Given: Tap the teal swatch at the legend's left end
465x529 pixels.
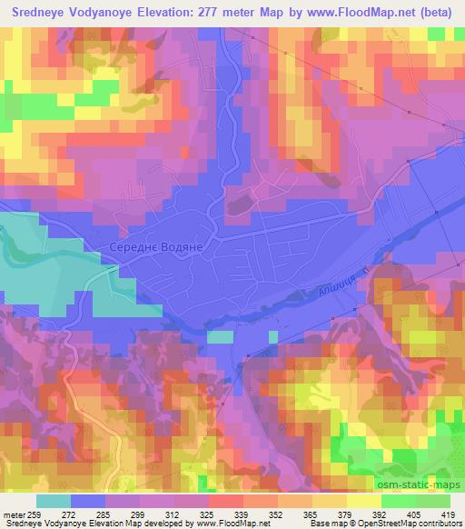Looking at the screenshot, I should tap(53, 500).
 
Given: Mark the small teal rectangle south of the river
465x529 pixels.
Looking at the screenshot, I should tap(220, 337).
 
